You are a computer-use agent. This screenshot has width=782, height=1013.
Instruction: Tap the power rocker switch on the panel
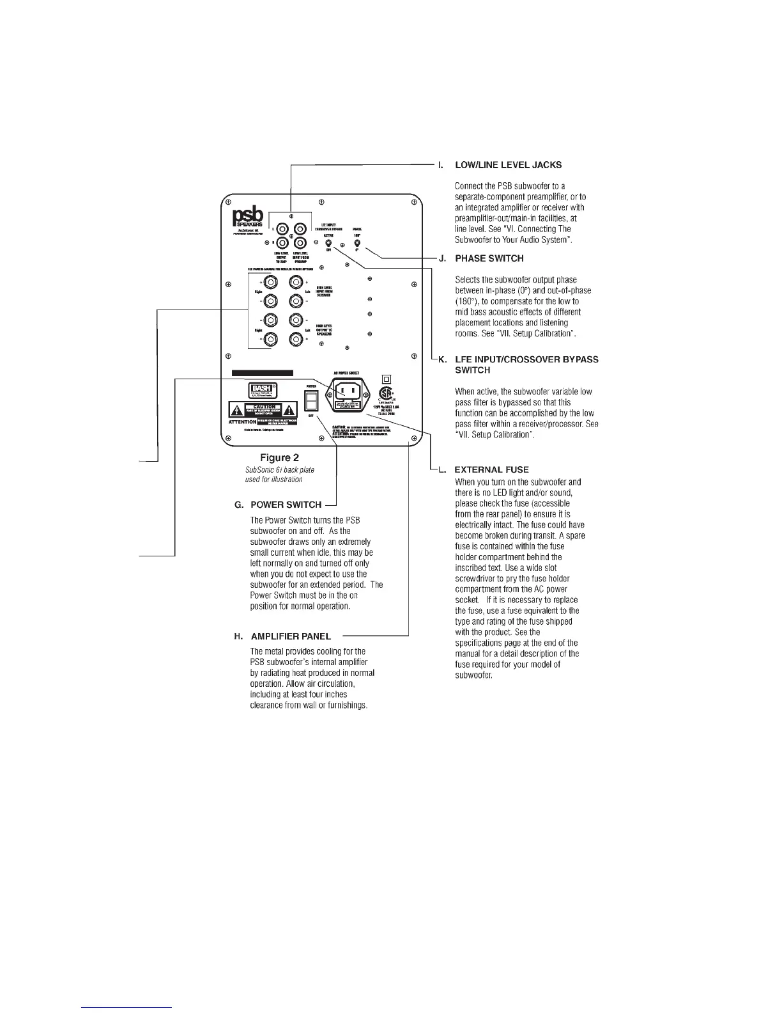311,401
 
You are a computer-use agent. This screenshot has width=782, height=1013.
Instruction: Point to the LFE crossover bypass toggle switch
328,244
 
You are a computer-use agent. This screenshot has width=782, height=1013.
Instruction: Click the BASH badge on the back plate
263,389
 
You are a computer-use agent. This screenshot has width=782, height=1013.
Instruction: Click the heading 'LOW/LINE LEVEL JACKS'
508,165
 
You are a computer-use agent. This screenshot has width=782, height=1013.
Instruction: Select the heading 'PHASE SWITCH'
489,258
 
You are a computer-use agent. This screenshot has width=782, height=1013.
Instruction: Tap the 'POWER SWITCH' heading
286,505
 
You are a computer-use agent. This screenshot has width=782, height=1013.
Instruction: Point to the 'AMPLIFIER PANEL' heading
291,636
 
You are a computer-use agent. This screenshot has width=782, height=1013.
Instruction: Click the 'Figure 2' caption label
279,457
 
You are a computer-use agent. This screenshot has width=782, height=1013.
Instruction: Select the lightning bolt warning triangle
236,410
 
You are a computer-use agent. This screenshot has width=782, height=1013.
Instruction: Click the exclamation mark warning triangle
289,410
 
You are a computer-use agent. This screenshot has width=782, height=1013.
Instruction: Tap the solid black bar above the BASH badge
262,373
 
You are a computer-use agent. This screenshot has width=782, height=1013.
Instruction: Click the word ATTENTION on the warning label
243,422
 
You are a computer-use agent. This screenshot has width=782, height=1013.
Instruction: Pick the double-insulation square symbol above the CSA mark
386,378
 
